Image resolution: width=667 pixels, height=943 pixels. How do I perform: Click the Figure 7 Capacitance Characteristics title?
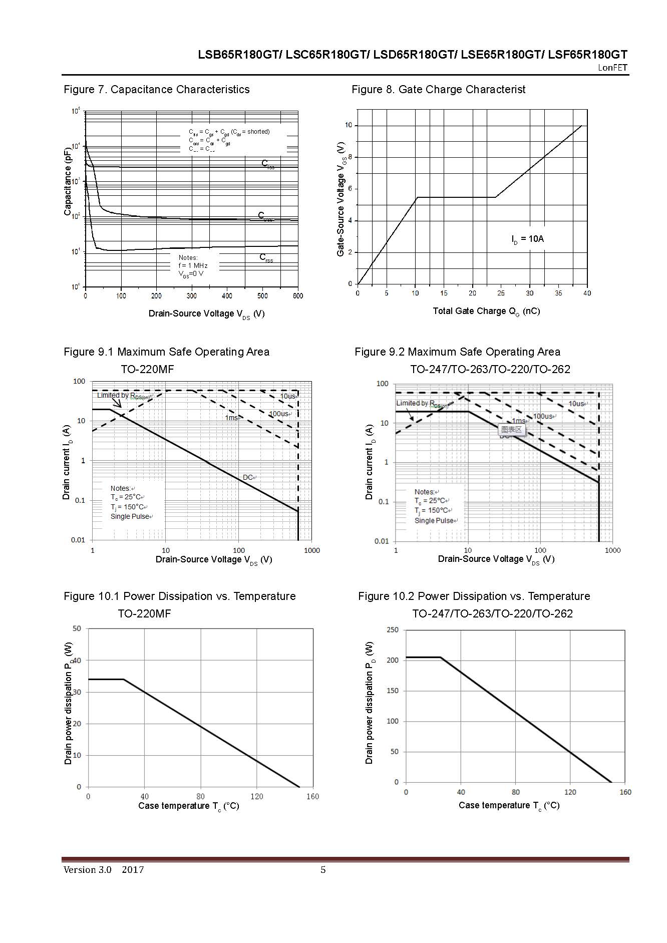(x=156, y=90)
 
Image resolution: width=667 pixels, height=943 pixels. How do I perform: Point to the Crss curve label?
(x=266, y=258)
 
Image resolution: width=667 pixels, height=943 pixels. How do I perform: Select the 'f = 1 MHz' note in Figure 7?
(x=193, y=265)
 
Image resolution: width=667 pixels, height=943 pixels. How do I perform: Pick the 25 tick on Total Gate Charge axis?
(x=501, y=293)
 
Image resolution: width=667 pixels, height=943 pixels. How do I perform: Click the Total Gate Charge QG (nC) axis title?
(x=486, y=311)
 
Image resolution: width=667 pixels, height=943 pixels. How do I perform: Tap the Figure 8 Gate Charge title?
(x=438, y=90)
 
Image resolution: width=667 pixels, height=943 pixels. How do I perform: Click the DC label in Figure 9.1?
(x=248, y=477)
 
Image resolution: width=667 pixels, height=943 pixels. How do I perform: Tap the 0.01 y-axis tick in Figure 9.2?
(x=382, y=541)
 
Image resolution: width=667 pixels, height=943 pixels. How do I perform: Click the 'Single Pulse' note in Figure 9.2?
(x=434, y=520)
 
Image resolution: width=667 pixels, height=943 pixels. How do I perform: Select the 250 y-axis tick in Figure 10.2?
(x=393, y=630)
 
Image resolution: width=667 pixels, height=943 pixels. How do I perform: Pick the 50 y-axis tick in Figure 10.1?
(x=77, y=628)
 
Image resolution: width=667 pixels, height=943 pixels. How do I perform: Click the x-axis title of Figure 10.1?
(x=188, y=806)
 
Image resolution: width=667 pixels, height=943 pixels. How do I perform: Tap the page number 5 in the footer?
(x=323, y=870)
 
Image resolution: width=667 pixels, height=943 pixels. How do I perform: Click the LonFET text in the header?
(x=612, y=68)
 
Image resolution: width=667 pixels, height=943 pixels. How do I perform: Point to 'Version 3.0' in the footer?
(x=87, y=870)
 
